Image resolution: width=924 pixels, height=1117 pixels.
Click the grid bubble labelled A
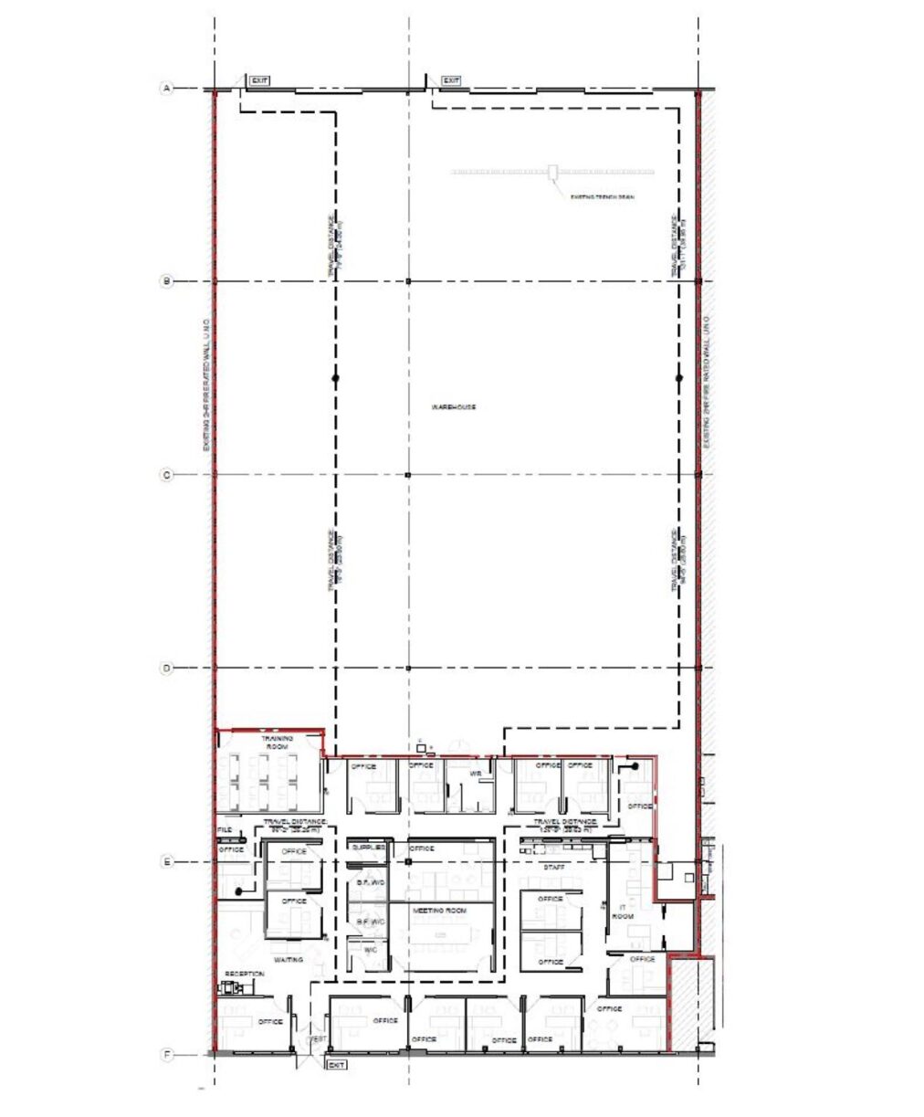166,89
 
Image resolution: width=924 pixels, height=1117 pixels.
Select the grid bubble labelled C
166,475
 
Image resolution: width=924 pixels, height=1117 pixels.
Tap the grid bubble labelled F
166,1056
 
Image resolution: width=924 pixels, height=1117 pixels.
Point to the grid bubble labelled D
166,669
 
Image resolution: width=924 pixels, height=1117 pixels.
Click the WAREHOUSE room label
454,407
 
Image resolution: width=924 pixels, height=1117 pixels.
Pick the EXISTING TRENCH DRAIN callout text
602,197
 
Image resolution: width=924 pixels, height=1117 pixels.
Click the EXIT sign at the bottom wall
336,1065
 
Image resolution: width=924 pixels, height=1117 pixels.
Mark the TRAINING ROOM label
277,743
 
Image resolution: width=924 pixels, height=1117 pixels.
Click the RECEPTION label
244,975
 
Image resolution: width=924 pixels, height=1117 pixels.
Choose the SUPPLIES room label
368,848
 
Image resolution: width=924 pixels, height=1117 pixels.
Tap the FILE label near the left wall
225,830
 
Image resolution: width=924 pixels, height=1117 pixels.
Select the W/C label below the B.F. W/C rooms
370,950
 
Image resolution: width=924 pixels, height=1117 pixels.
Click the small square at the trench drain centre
552,171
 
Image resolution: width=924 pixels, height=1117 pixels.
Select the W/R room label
475,774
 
